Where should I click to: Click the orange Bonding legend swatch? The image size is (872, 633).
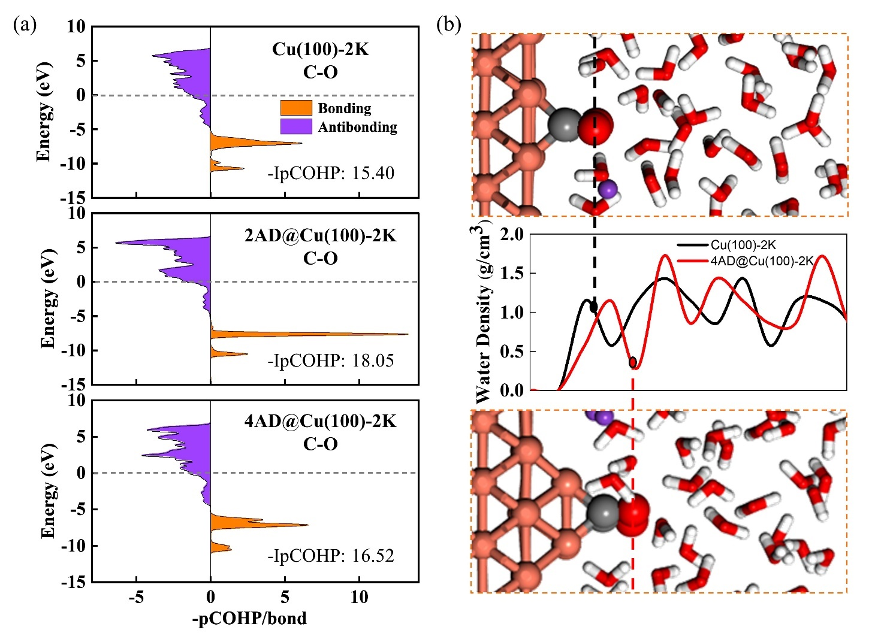(296, 108)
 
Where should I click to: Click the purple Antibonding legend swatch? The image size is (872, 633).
(296, 126)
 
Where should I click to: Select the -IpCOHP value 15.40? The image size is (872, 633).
(331, 173)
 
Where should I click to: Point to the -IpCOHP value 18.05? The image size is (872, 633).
(331, 360)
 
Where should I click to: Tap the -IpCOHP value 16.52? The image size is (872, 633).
(331, 556)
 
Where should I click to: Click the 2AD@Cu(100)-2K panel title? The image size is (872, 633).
(320, 235)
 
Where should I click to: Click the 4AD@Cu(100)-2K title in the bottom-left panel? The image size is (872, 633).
(320, 421)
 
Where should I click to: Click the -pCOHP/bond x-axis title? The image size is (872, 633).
(249, 618)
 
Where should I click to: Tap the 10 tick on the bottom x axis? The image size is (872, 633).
(359, 597)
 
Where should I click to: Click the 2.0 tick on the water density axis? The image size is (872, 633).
(511, 234)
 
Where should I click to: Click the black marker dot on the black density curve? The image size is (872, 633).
(594, 307)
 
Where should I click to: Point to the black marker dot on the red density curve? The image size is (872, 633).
(633, 362)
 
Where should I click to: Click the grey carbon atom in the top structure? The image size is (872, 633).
(562, 125)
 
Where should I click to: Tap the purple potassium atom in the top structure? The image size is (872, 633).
(607, 189)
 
